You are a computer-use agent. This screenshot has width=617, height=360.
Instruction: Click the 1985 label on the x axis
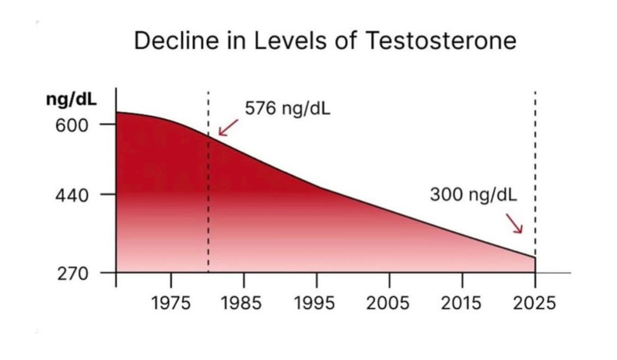243,302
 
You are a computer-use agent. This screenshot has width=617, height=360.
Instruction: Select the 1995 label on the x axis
316,302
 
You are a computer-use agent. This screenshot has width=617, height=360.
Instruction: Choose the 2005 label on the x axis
389,302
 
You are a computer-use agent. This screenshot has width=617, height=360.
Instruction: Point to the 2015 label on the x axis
462,302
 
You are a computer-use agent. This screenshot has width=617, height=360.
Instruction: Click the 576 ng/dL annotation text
287,109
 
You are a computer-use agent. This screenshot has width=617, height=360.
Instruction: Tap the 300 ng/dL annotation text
474,195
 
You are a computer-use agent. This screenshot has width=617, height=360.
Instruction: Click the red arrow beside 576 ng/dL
227,127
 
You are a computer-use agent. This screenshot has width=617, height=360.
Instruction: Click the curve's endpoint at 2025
535,257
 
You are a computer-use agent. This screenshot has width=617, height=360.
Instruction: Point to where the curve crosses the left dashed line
208,135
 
